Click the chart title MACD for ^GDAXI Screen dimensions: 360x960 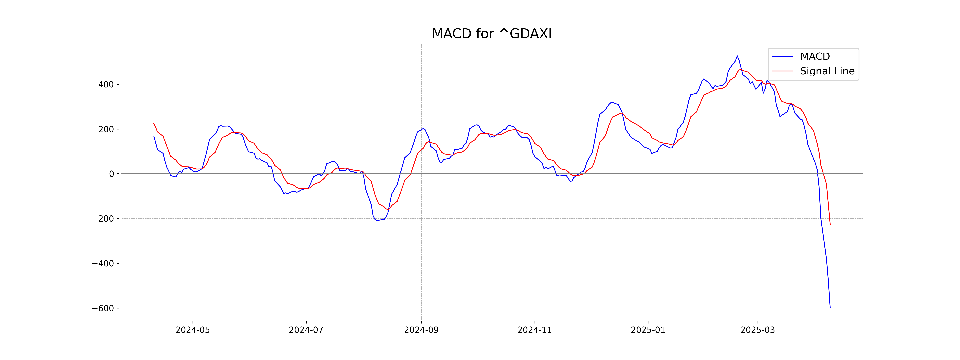(492, 34)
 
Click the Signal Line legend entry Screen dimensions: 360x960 (827, 71)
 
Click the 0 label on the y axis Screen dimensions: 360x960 (111, 174)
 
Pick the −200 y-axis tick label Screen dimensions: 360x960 (103, 219)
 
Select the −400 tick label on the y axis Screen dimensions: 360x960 (103, 263)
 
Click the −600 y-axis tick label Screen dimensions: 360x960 (103, 308)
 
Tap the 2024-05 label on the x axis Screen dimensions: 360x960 (193, 330)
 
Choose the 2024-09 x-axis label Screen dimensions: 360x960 (421, 330)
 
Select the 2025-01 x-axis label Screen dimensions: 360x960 (648, 330)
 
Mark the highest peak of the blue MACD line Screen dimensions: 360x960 (737, 56)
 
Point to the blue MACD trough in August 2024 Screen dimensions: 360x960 (377, 220)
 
